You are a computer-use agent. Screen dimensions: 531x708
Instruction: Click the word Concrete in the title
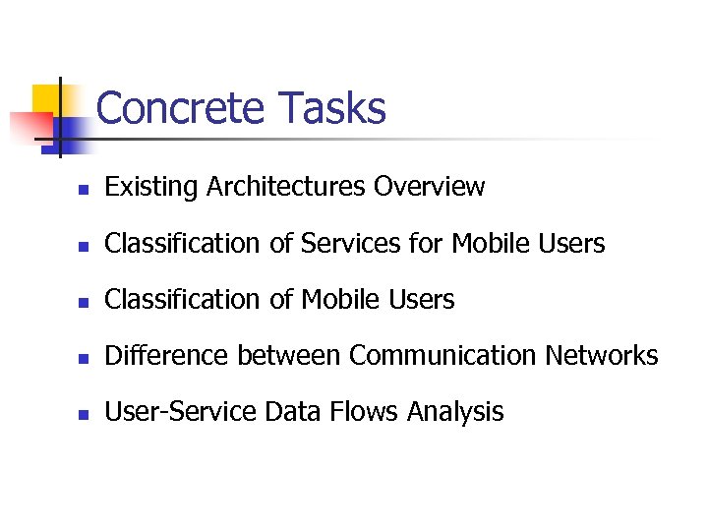coord(181,108)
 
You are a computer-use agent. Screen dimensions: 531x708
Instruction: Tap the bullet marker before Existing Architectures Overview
coord(85,189)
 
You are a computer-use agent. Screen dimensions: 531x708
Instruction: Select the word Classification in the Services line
coord(184,243)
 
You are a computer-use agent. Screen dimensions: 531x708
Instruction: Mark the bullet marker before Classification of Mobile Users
coord(85,302)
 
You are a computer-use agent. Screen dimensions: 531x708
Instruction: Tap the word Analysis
coord(458,412)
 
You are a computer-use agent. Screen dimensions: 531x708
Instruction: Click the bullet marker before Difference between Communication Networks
coord(85,358)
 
